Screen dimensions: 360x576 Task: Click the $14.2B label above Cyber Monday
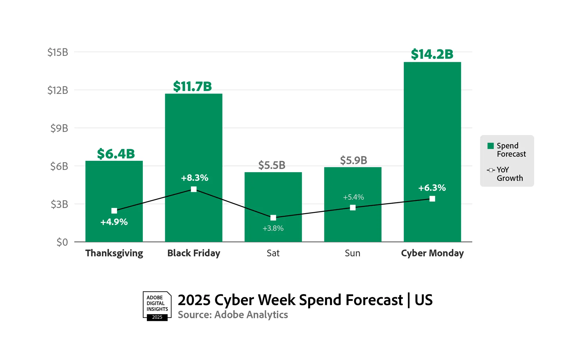432,54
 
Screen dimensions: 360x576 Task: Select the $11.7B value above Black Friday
192,86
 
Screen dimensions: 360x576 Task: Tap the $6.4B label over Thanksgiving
116,154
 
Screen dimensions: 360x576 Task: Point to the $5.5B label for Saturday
272,165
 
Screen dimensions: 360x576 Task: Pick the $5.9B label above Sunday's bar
353,160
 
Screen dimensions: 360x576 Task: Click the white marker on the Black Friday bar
194,189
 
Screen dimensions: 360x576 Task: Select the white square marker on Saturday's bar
273,217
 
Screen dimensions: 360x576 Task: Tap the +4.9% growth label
114,222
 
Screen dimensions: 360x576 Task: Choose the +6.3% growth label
432,188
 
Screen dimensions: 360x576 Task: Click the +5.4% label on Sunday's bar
353,197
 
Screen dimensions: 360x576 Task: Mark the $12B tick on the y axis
58,90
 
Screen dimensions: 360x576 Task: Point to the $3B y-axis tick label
59,204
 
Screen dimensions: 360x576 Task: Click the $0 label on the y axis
62,242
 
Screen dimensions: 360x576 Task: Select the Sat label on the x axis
273,253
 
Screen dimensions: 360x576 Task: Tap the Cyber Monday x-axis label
432,253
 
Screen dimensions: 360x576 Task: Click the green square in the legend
490,146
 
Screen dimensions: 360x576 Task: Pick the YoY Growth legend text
509,174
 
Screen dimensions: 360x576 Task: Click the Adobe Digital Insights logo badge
157,306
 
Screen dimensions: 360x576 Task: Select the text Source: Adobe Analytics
233,315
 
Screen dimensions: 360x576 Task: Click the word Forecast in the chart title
374,300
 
